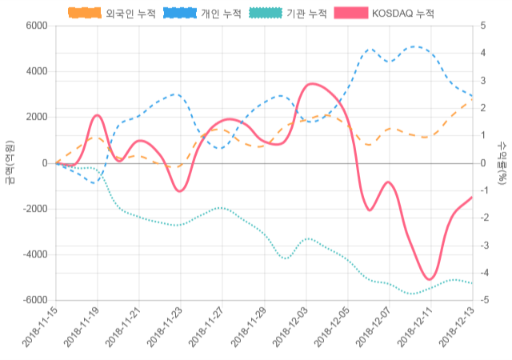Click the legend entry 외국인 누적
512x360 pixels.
coord(112,14)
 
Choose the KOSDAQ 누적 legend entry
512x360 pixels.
coord(382,14)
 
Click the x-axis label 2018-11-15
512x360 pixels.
coord(39,329)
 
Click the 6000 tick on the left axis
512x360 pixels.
coord(35,26)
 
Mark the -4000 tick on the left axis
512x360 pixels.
coord(33,255)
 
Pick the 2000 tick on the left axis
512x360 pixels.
coord(35,118)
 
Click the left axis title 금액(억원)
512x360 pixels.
coord(9,163)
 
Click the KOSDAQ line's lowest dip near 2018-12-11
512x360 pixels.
coord(430,280)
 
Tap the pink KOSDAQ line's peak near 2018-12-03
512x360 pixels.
coord(312,82)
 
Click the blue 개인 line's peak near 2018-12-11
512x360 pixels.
coord(415,46)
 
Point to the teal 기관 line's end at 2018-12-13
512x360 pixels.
coord(472,283)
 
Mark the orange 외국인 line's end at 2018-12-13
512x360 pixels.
coord(472,98)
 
